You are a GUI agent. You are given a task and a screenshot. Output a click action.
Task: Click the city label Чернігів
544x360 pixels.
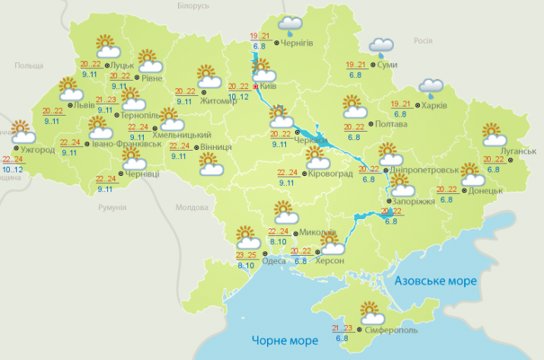(298, 43)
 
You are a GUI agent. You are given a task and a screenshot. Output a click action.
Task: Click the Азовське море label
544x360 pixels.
(436, 281)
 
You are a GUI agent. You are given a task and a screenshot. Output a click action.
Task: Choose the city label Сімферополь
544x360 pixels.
(393, 331)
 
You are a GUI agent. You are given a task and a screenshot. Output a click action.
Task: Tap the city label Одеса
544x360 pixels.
(273, 261)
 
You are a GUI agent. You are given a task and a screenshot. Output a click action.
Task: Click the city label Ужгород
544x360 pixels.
(39, 149)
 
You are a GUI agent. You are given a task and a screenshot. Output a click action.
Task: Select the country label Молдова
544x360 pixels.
(191, 207)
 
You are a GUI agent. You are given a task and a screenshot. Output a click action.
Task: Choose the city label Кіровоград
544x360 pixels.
(332, 174)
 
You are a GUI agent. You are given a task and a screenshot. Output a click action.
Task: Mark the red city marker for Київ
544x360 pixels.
(254, 88)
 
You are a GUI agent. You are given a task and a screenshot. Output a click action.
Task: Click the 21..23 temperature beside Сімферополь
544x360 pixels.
(341, 328)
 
